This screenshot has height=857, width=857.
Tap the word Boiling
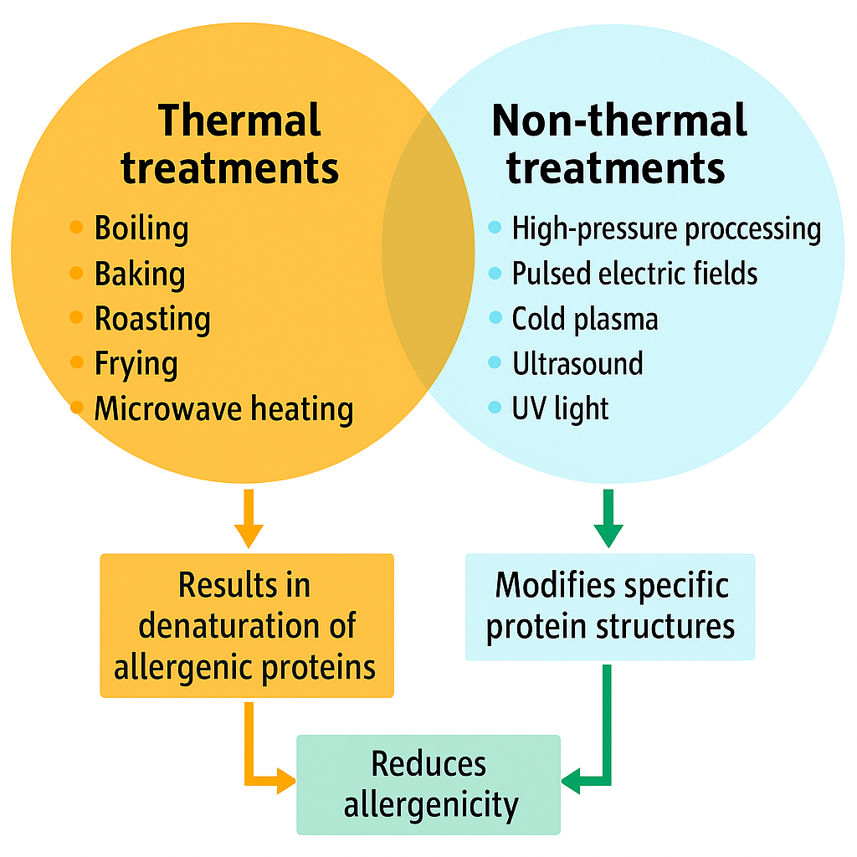tap(141, 228)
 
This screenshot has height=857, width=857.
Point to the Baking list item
tap(139, 274)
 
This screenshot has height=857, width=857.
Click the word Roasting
tap(151, 319)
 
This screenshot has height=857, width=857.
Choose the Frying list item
tap(136, 364)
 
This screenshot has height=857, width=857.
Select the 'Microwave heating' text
tap(223, 409)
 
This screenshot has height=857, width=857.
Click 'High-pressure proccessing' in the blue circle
tap(666, 228)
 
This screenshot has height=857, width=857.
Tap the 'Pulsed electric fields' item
tap(634, 274)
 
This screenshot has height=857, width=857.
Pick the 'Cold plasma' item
tap(584, 319)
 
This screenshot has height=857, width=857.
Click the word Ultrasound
tap(577, 364)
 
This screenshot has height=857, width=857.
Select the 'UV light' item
tap(560, 409)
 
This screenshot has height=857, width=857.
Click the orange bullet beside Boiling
tap(76, 227)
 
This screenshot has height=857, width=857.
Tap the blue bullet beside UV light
tap(495, 408)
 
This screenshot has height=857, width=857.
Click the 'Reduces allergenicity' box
tap(428, 785)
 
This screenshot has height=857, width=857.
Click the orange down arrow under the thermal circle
tap(249, 520)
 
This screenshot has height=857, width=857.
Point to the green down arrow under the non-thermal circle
tap(608, 519)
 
